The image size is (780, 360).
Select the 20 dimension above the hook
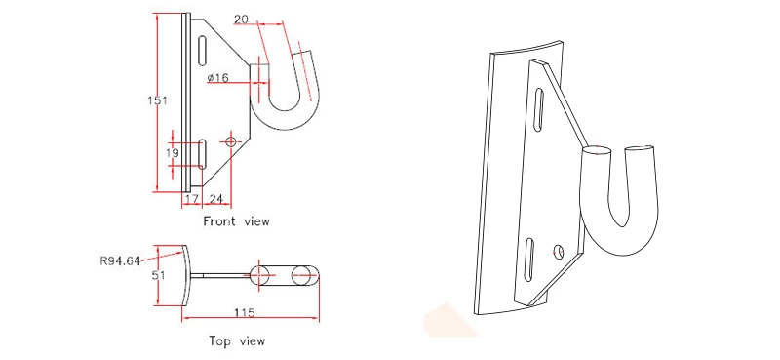click(241, 19)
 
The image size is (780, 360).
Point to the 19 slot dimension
click(172, 153)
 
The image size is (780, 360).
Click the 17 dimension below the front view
click(191, 199)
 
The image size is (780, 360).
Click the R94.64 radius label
click(121, 260)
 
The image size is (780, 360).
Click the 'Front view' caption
click(236, 221)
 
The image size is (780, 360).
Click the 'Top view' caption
click(236, 341)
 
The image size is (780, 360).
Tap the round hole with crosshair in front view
click(230, 142)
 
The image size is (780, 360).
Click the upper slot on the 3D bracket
click(539, 106)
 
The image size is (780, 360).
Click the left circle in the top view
click(260, 275)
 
